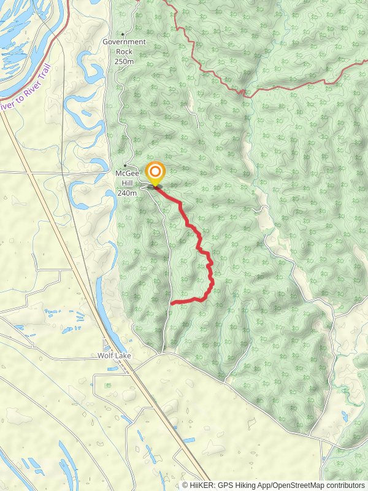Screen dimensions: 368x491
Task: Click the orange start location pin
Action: click(155, 172)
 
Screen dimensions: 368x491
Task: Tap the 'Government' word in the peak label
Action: click(125, 42)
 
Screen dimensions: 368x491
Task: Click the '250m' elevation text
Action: click(124, 61)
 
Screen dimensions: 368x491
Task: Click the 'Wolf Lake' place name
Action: click(115, 355)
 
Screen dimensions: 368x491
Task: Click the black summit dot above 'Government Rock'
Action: click(123, 34)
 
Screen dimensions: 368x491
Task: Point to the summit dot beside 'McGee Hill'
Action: click(125, 166)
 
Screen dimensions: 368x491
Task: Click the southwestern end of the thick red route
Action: click(172, 303)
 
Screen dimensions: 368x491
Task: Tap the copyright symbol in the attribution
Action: click(185, 485)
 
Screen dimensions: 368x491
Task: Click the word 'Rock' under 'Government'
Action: click(124, 52)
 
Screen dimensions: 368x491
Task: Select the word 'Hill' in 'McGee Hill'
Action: click(126, 183)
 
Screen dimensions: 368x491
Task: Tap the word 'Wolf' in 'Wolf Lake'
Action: click(105, 355)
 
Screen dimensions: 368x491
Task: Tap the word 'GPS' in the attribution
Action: click(223, 485)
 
